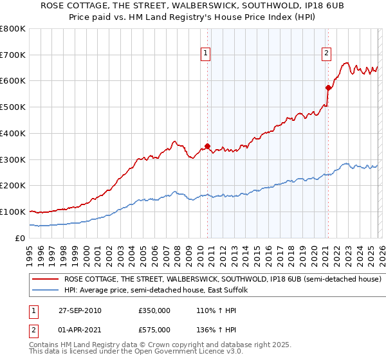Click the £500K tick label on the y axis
(x=13, y=107)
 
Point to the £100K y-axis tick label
(x=13, y=212)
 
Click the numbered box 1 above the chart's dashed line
(x=206, y=54)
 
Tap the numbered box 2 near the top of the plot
(x=327, y=54)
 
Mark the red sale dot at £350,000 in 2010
(x=208, y=146)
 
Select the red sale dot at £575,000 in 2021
(x=328, y=87)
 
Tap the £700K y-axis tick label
(x=13, y=55)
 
